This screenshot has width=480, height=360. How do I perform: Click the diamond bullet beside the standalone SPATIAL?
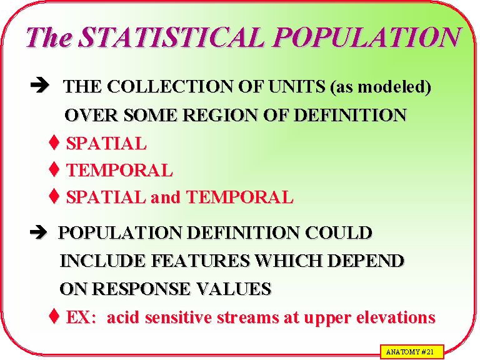[x=54, y=143]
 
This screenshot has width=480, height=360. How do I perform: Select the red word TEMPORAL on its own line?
[x=119, y=171]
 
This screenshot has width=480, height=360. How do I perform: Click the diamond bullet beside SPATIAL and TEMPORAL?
[x=54, y=197]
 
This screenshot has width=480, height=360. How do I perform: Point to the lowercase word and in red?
[x=166, y=198]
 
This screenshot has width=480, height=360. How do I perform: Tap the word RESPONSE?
[x=134, y=289]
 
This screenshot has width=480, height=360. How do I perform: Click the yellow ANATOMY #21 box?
[x=411, y=352]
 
